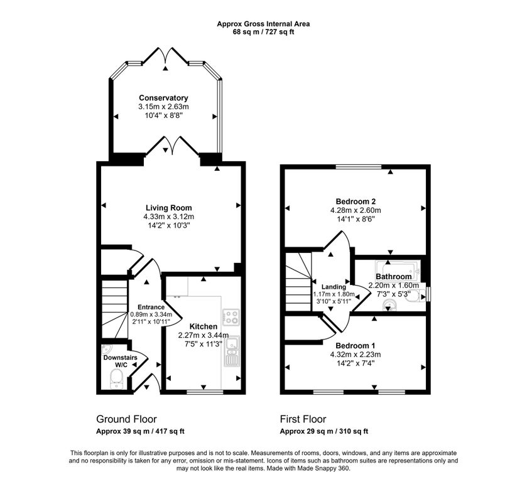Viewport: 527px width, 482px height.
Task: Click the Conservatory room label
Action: [164, 98]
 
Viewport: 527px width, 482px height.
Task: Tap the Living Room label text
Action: [169, 208]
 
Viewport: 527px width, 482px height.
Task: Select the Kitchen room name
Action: [204, 326]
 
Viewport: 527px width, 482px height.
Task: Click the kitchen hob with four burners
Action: [231, 317]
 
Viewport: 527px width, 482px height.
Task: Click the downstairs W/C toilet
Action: [116, 379]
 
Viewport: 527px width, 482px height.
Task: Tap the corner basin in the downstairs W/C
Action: [106, 350]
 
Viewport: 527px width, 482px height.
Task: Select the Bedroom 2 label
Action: [356, 201]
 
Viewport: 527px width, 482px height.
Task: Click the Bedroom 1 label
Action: [356, 346]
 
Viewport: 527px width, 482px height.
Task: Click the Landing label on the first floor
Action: [334, 287]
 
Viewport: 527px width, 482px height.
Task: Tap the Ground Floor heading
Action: [126, 419]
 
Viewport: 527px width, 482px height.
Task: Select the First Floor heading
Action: [303, 419]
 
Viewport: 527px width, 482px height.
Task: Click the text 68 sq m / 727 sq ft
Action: [264, 32]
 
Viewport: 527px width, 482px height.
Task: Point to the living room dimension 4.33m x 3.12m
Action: [169, 217]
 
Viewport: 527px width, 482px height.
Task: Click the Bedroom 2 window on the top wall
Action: [359, 166]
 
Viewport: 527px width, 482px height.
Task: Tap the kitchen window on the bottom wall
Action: [205, 392]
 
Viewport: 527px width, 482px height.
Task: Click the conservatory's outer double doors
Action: [165, 55]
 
